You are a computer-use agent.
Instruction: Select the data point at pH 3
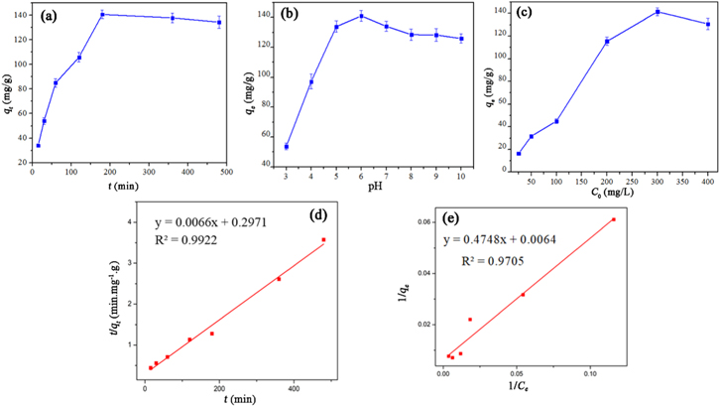tap(287, 147)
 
